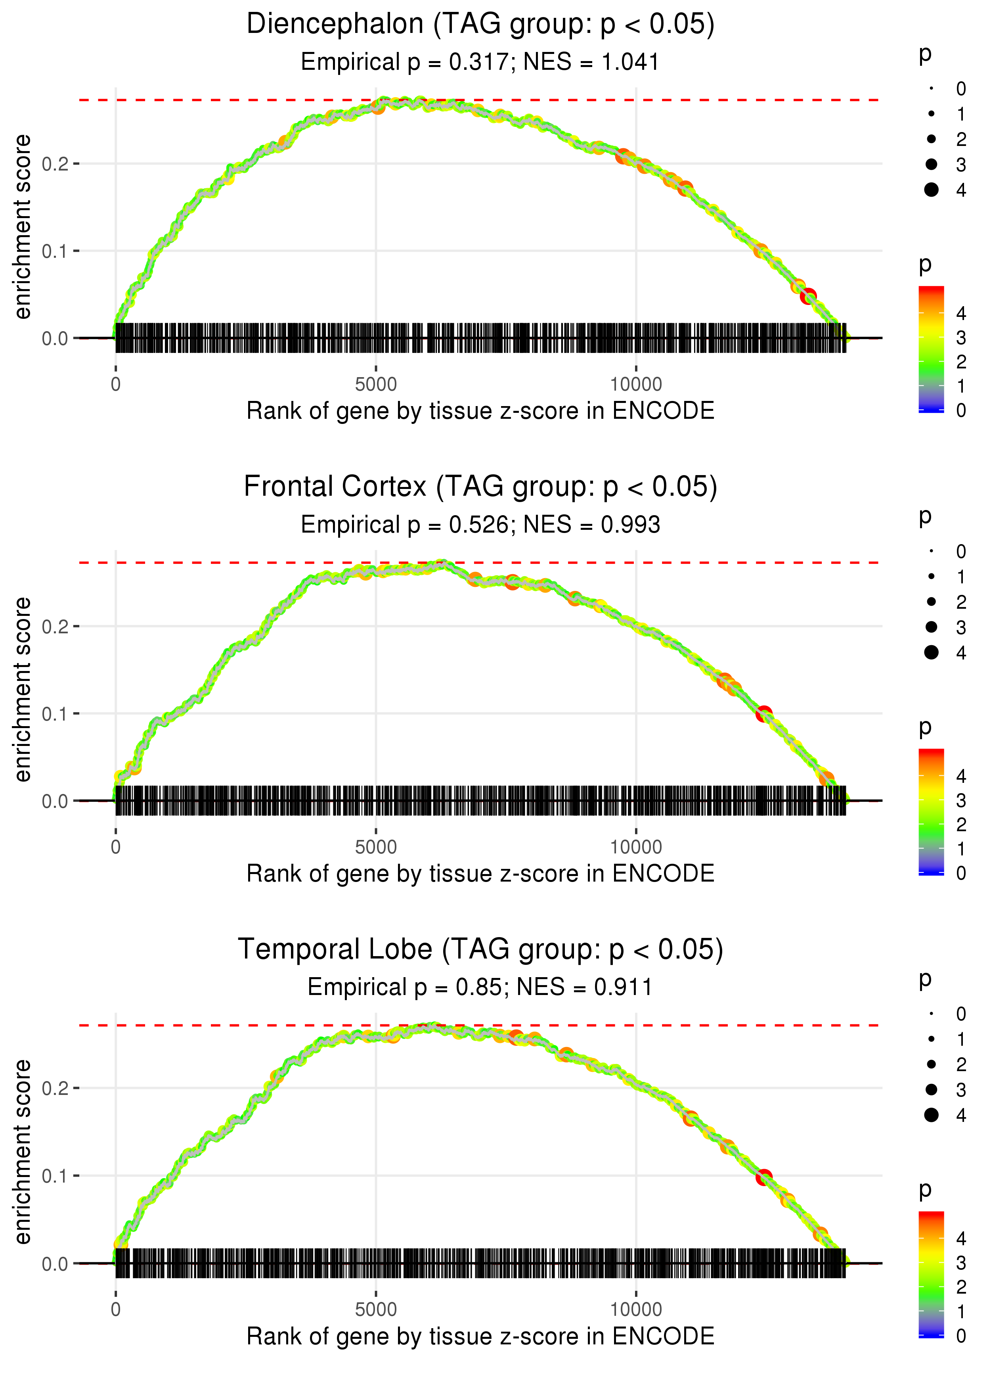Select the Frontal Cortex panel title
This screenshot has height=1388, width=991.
pos(480,487)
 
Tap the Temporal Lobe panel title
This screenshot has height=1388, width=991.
pos(480,950)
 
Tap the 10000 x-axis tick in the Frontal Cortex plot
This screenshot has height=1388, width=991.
pos(636,847)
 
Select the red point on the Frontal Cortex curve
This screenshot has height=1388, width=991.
pos(764,713)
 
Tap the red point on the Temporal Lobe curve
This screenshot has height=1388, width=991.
pos(764,1177)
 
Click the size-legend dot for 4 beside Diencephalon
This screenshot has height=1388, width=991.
pos(931,190)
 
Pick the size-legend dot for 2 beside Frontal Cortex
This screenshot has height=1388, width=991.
pos(931,602)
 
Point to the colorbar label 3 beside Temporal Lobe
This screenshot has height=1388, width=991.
pos(961,1262)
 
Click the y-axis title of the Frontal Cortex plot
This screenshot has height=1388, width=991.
pos(23,689)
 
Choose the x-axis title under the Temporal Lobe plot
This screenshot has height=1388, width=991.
pos(480,1336)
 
